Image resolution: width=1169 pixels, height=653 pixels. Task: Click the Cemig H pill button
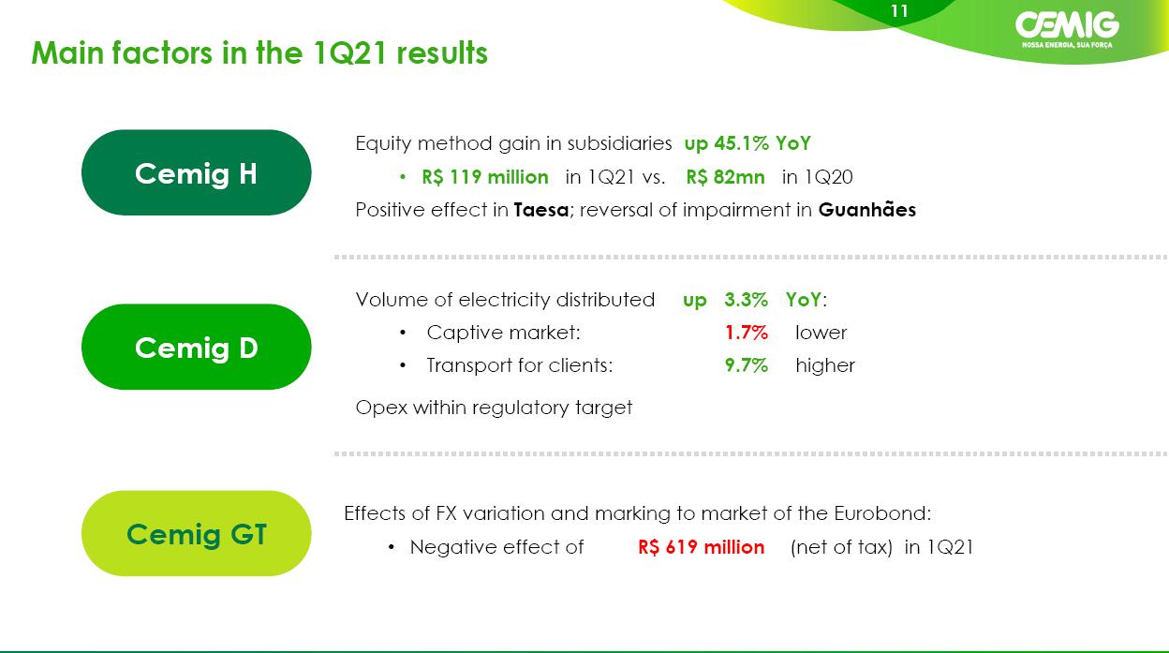tap(196, 172)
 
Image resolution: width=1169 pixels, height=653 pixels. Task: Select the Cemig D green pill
tap(196, 348)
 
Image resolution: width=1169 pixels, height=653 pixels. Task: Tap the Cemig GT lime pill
tap(196, 533)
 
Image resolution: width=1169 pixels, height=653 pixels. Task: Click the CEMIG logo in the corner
tap(1067, 30)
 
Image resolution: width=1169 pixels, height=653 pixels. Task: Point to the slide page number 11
tap(899, 11)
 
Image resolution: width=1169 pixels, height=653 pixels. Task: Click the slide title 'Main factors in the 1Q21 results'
tap(259, 53)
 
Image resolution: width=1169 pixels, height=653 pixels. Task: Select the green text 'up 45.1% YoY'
tap(747, 143)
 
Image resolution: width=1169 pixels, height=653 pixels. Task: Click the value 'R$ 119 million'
tap(485, 177)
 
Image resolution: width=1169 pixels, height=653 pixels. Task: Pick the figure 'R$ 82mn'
tap(725, 177)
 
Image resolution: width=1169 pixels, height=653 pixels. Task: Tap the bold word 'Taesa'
tap(541, 210)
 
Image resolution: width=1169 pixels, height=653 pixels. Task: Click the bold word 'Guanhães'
tap(866, 210)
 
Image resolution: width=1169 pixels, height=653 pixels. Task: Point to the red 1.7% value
tap(747, 333)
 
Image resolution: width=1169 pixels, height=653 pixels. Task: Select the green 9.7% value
tap(747, 365)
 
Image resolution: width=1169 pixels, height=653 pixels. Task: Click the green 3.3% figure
tap(746, 300)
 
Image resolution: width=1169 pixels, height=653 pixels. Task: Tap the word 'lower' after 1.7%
tap(821, 333)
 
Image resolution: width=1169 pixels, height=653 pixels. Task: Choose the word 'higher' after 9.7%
tap(825, 365)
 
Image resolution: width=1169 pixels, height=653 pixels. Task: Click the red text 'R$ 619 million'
tap(701, 547)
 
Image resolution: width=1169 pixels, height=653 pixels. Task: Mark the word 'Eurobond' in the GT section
tap(880, 513)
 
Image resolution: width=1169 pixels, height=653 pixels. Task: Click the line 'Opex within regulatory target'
tap(494, 408)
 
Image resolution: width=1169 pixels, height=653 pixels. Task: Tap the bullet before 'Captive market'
tap(403, 333)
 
